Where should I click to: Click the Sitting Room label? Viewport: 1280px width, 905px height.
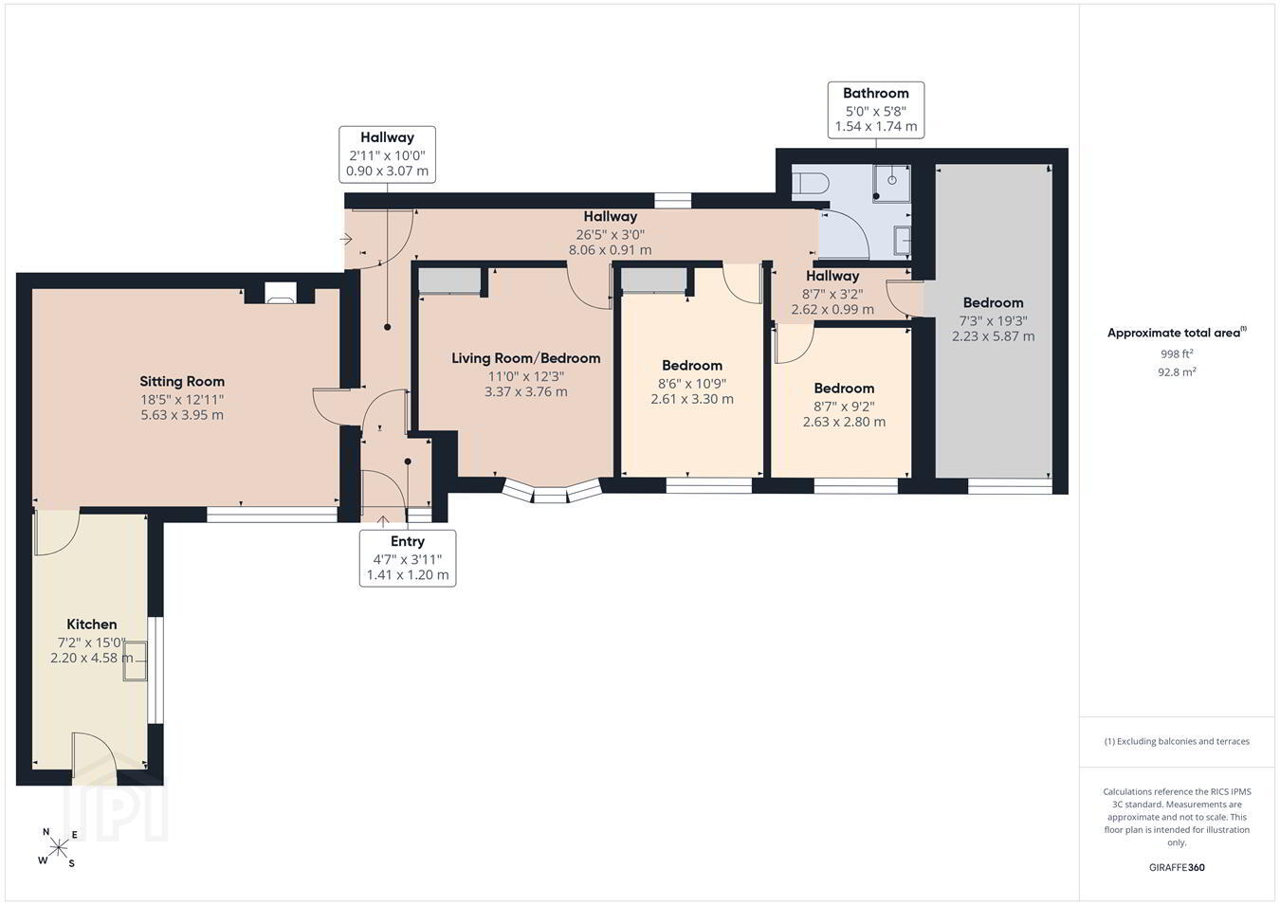(182, 381)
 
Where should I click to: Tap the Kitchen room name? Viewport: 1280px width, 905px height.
(91, 624)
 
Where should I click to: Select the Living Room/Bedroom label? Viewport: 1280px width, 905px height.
(525, 358)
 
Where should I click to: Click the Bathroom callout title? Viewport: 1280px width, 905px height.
(875, 93)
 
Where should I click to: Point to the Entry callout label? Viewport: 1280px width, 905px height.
(408, 541)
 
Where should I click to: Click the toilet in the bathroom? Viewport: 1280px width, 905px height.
(811, 183)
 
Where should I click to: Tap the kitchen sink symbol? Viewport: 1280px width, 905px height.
(136, 661)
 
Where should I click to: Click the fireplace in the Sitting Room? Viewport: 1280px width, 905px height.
(280, 292)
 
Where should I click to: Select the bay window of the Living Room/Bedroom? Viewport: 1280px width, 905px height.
(552, 491)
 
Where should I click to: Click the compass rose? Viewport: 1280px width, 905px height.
(58, 848)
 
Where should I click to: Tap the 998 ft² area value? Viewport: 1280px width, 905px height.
(1177, 353)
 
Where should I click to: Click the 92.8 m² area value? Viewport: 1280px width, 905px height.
(1177, 371)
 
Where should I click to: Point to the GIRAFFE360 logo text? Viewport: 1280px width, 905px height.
(1177, 867)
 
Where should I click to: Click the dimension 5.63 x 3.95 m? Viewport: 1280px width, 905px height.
(182, 415)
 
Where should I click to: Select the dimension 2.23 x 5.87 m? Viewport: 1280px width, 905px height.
(993, 336)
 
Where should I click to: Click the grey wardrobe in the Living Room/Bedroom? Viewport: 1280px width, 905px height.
(449, 281)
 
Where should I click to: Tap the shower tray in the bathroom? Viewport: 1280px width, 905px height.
(891, 183)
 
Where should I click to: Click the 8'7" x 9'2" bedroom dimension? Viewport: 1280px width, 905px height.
(844, 407)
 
